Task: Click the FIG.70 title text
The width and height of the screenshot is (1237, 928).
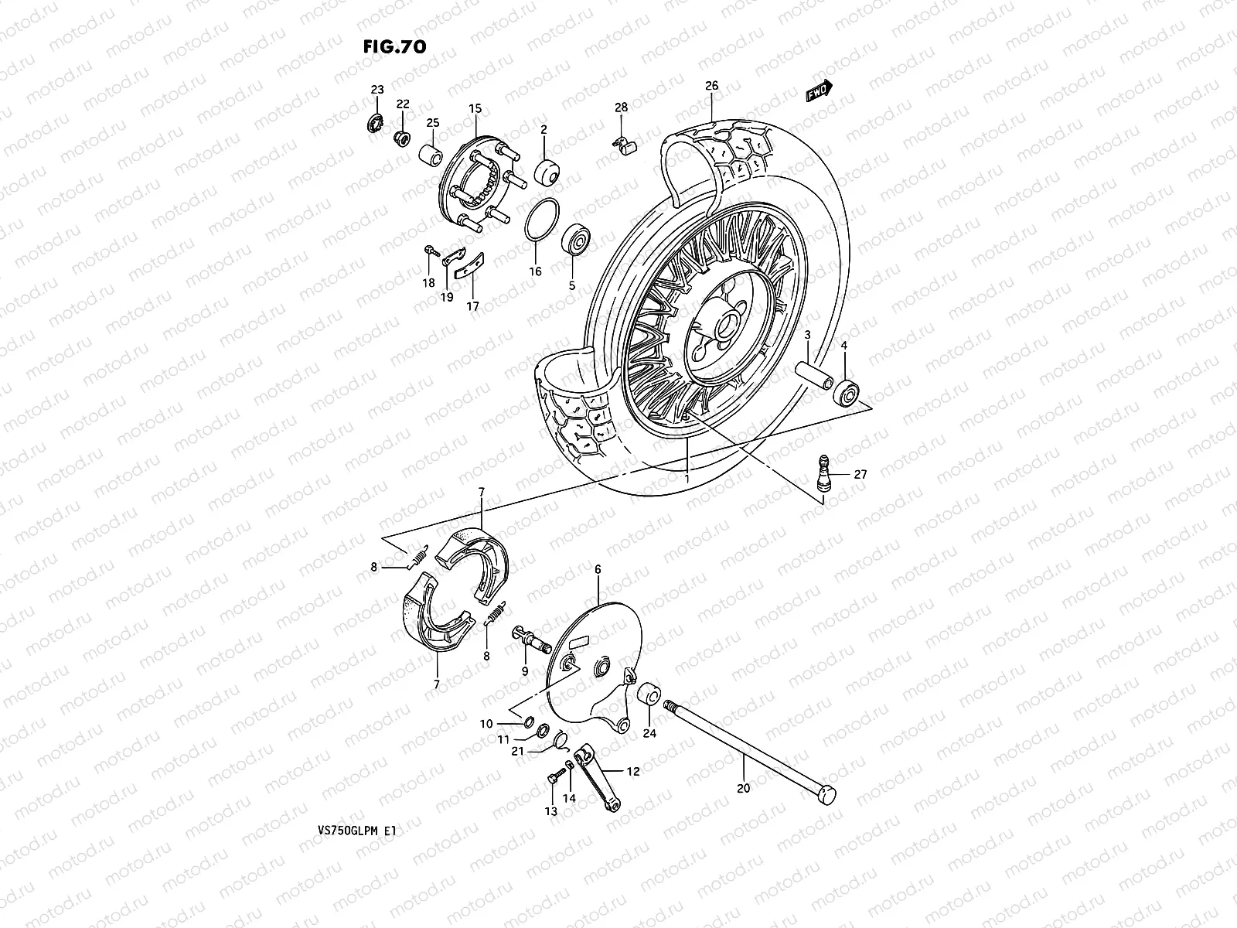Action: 394,47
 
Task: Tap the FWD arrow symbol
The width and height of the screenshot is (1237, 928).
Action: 818,91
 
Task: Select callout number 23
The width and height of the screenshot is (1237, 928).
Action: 377,90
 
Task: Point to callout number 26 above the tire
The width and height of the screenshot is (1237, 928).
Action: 711,86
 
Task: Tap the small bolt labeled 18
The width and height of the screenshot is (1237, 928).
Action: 430,251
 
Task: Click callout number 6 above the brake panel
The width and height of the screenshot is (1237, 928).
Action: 598,568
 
